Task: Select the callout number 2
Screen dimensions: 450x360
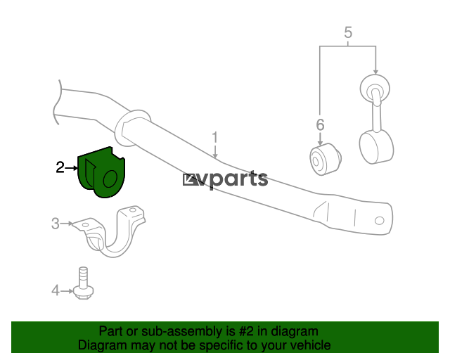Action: [60, 167]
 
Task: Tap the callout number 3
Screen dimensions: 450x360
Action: [55, 224]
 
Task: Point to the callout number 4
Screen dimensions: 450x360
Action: [56, 290]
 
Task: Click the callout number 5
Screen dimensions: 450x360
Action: [348, 32]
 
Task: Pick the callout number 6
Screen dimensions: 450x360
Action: [321, 125]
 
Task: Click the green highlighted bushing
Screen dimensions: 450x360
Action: [101, 172]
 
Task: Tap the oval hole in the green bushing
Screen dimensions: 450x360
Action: [110, 179]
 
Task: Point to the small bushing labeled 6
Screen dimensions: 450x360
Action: [326, 160]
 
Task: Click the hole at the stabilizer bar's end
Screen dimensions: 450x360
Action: [380, 221]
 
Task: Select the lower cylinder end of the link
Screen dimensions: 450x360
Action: [376, 147]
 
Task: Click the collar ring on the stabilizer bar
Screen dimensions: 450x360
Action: [133, 128]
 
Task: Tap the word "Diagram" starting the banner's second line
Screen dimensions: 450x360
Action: [102, 345]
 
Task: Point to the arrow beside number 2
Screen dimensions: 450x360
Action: [72, 167]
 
